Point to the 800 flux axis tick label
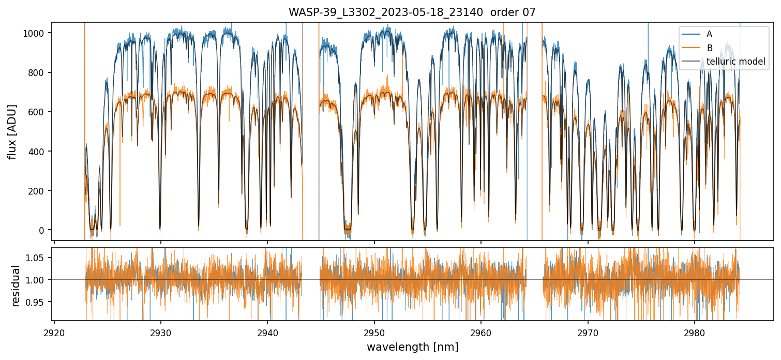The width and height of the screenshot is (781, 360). click(39, 72)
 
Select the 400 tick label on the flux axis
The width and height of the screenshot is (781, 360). click(39, 152)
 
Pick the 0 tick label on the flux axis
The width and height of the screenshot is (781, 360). click(43, 230)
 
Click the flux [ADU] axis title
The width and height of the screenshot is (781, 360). click(12, 131)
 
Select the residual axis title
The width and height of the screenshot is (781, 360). click(16, 286)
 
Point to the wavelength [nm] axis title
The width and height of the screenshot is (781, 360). click(412, 347)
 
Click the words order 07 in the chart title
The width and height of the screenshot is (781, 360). click(513, 12)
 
